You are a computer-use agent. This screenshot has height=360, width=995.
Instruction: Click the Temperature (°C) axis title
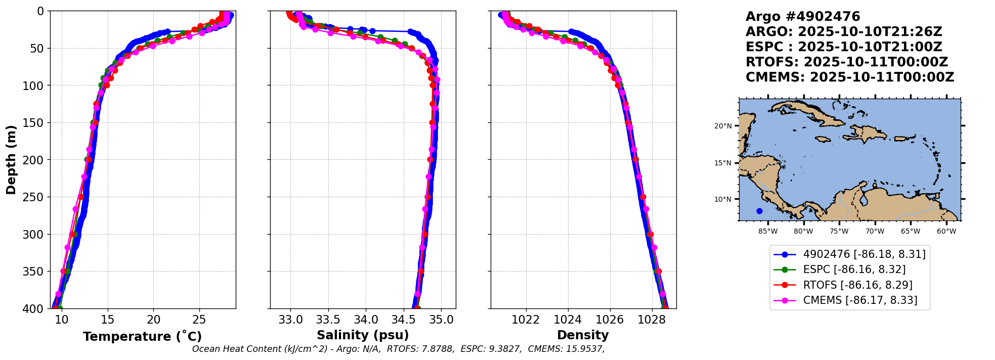[142, 337]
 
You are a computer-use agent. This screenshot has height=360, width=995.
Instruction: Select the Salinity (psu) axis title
[363, 335]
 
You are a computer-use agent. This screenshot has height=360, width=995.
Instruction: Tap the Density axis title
[583, 335]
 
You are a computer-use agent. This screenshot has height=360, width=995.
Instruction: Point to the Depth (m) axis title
[11, 160]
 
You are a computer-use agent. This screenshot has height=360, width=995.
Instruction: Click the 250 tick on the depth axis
[34, 197]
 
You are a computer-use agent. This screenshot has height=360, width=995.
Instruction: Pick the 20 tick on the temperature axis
[154, 320]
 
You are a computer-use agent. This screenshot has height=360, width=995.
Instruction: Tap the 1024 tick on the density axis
[568, 320]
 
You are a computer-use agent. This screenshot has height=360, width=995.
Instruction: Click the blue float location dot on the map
[759, 211]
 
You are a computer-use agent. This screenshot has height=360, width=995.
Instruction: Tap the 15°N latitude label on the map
[723, 163]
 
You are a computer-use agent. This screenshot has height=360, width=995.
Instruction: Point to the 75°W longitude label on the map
[839, 232]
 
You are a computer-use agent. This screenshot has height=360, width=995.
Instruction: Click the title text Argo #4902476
[803, 17]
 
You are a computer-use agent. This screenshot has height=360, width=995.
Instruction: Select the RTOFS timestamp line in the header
[846, 62]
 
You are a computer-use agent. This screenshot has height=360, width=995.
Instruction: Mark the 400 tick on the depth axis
[34, 308]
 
